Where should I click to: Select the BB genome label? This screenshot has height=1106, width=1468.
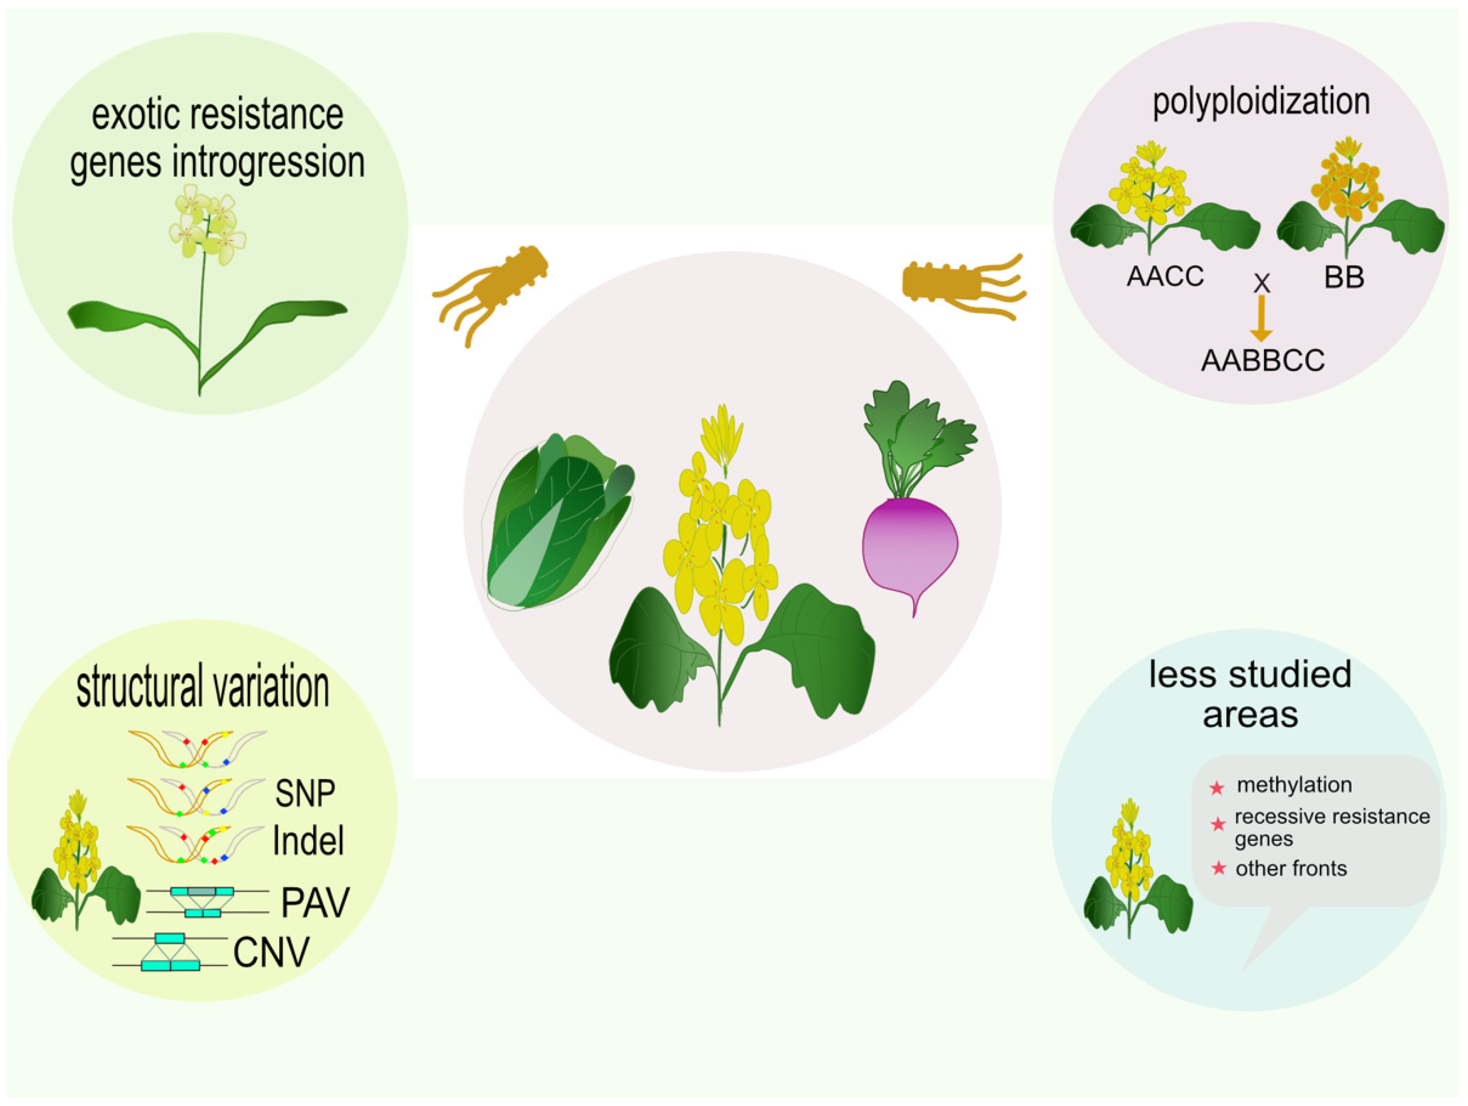click(1344, 276)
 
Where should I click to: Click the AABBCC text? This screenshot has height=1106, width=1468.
click(1263, 360)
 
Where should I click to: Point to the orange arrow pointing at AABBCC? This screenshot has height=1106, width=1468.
click(1261, 318)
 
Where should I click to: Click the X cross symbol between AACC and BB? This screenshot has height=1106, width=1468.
click(1261, 283)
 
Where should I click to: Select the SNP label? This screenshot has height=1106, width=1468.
click(305, 793)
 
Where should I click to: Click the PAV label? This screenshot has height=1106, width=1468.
click(314, 902)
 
